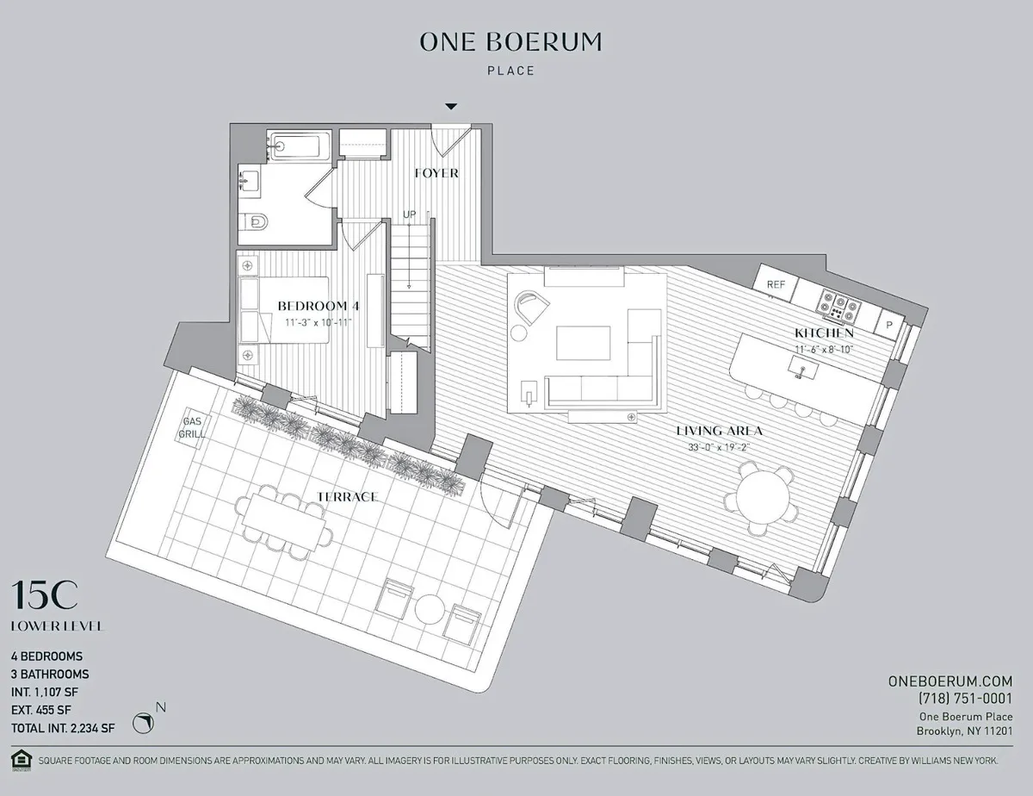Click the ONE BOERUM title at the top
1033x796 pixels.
coord(510,41)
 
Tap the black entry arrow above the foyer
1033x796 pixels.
coord(450,107)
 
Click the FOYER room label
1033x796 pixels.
coord(436,173)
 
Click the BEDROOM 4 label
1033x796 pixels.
coord(318,306)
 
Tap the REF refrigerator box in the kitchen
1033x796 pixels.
coord(776,283)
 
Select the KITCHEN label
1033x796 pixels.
coord(824,333)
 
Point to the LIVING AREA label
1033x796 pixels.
coord(720,431)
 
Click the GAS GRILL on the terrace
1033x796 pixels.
coord(192,428)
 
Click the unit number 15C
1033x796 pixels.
coord(44,595)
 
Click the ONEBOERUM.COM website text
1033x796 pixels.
coord(950,681)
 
